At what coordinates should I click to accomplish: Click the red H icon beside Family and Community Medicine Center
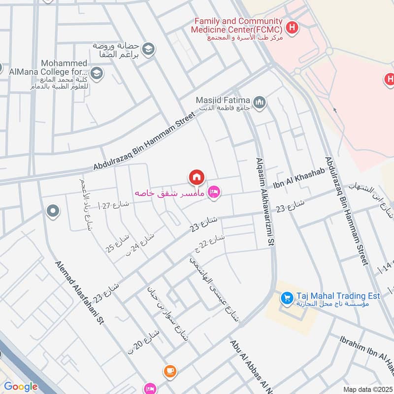(x=293, y=28)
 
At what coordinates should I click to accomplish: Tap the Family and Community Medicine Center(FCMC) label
(x=238, y=26)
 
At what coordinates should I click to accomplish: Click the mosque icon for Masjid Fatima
(x=260, y=102)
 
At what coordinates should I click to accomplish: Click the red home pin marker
(x=196, y=176)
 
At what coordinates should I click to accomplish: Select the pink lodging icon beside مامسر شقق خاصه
(x=213, y=192)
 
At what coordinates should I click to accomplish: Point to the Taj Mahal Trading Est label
(x=338, y=296)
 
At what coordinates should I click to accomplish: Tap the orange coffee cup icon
(x=170, y=371)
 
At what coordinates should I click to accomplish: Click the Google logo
(x=21, y=387)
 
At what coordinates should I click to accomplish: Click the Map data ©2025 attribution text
(x=367, y=389)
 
